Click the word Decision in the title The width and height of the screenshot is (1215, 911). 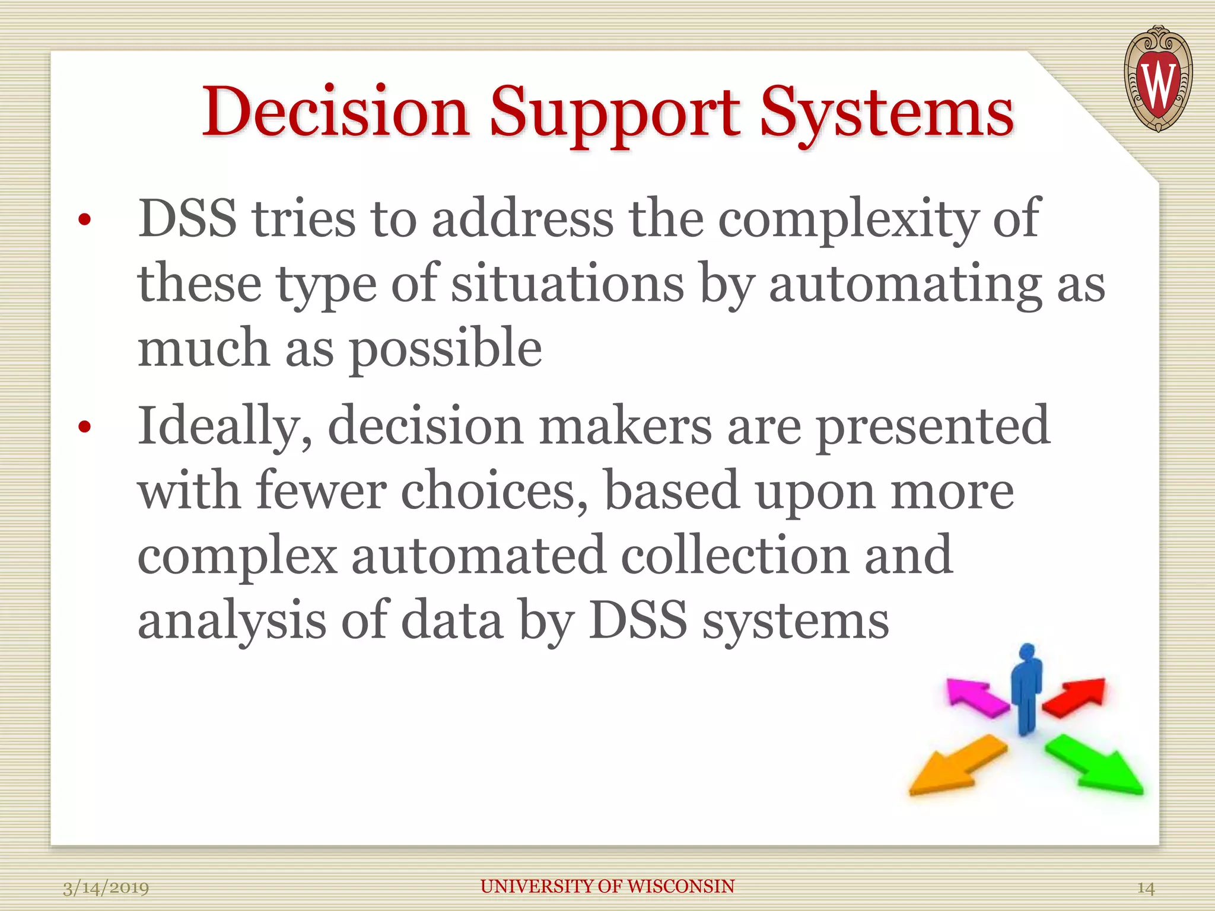pyautogui.click(x=336, y=112)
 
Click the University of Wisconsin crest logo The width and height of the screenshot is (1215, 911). pyautogui.click(x=1157, y=79)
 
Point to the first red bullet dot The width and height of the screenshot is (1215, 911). pyautogui.click(x=85, y=220)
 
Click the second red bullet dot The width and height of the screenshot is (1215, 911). pyautogui.click(x=85, y=426)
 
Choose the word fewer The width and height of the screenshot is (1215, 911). pyautogui.click(x=321, y=491)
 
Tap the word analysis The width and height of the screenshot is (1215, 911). pyautogui.click(x=232, y=620)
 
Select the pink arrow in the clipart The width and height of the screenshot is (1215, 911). pyautogui.click(x=976, y=698)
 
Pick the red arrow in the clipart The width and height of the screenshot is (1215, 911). pyautogui.click(x=1076, y=697)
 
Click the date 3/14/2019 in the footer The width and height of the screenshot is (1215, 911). pyautogui.click(x=106, y=888)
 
